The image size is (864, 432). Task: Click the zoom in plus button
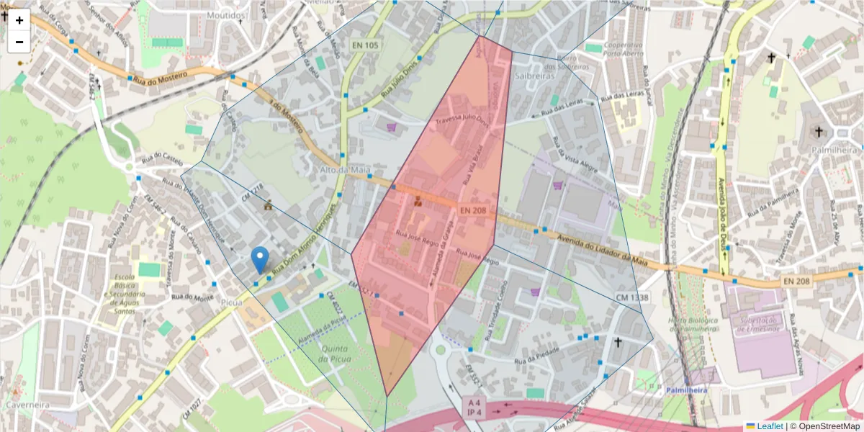point(19,20)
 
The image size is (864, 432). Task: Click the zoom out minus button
point(19,42)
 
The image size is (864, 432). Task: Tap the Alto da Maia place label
point(344,170)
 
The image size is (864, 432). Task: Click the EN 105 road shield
point(365,45)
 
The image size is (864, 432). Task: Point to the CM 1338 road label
point(632,297)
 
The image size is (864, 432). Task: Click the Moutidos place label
point(227,14)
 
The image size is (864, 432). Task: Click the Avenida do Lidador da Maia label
point(605,249)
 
